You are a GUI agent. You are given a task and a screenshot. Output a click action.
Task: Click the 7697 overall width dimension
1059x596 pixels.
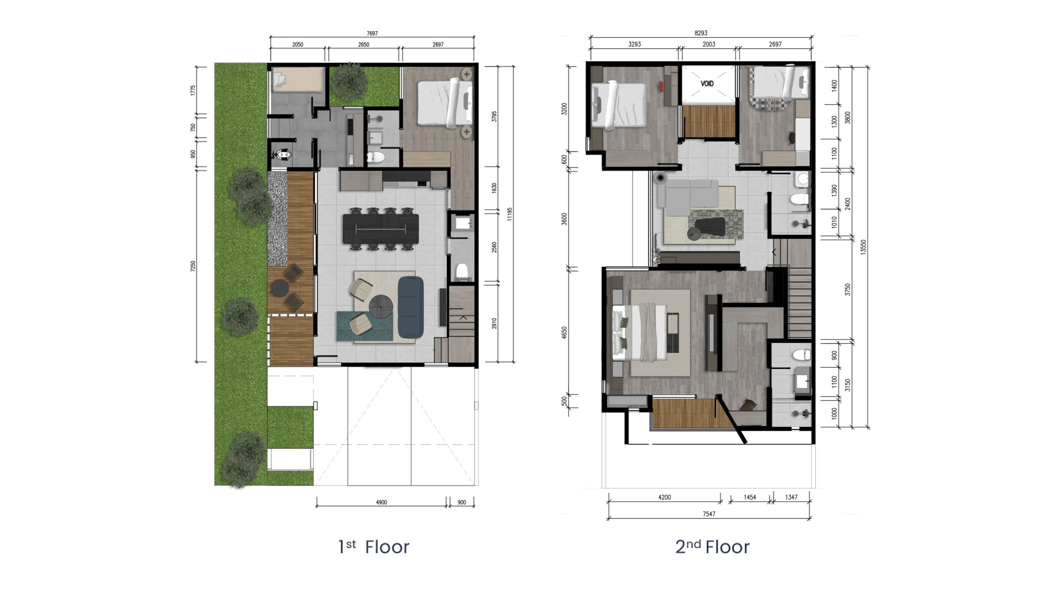pyautogui.click(x=372, y=33)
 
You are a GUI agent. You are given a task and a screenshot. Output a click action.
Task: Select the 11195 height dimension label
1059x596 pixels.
pyautogui.click(x=509, y=214)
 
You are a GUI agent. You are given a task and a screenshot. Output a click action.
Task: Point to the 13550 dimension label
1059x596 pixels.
pyautogui.click(x=863, y=247)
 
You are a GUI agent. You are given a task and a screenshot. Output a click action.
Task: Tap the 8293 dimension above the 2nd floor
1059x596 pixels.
pyautogui.click(x=701, y=33)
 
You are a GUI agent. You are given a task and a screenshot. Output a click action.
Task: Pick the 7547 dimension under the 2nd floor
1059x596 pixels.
pyautogui.click(x=709, y=514)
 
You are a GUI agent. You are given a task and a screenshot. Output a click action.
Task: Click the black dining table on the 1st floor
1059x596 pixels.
pyautogui.click(x=381, y=229)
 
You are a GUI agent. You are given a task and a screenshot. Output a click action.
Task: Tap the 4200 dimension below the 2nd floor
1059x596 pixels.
pyautogui.click(x=664, y=497)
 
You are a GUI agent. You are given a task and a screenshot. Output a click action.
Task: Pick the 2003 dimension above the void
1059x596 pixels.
pyautogui.click(x=709, y=44)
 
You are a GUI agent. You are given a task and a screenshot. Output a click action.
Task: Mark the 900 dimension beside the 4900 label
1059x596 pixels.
pyautogui.click(x=462, y=502)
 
